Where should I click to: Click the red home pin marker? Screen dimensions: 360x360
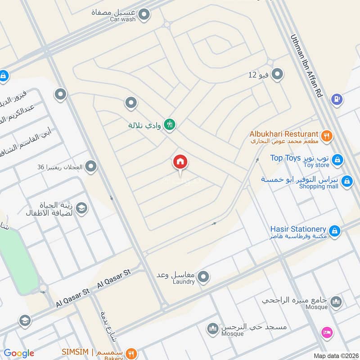(x=180, y=162)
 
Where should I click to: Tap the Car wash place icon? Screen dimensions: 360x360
(x=144, y=16)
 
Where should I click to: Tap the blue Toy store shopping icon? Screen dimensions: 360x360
(x=337, y=160)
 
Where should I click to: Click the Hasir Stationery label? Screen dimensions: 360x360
(x=299, y=229)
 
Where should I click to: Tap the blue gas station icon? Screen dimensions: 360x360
(x=337, y=99)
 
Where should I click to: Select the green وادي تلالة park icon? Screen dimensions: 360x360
(x=170, y=124)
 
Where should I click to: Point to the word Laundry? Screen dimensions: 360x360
(x=184, y=282)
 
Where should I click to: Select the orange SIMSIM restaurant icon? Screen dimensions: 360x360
(x=131, y=353)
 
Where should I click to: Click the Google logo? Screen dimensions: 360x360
(x=19, y=353)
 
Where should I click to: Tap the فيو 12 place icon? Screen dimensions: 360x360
(x=277, y=74)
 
